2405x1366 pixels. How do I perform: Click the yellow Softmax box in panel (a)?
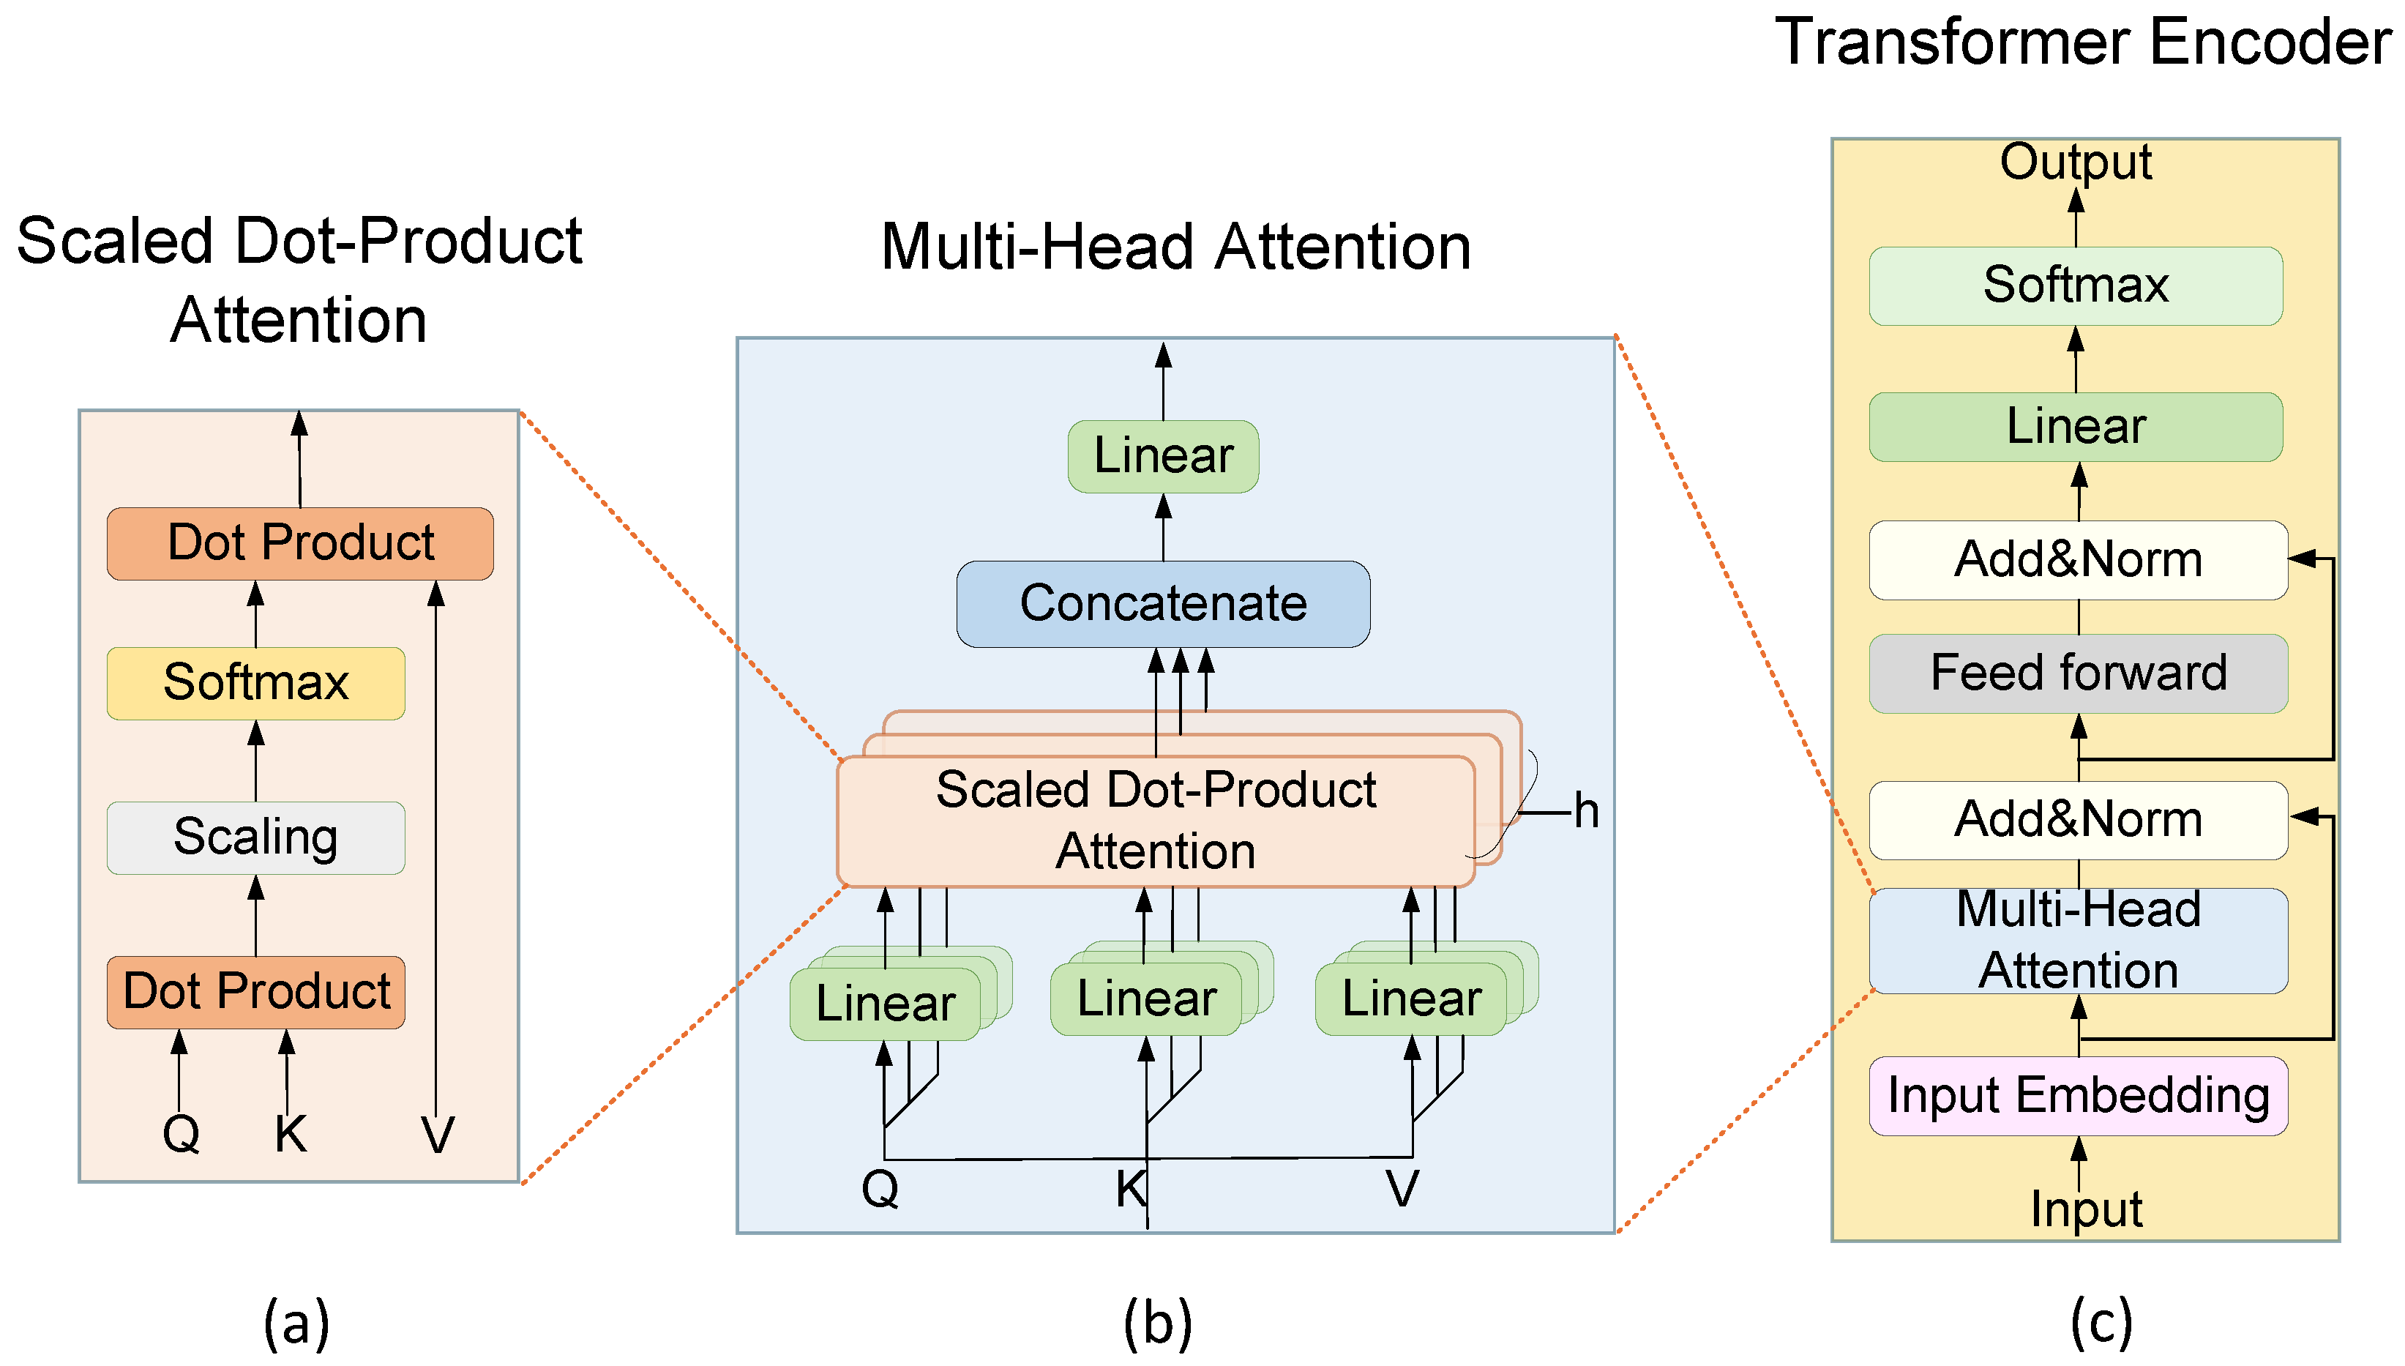pos(255,683)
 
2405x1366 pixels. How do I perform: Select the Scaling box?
pos(255,837)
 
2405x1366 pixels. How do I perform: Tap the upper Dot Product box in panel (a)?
pos(300,543)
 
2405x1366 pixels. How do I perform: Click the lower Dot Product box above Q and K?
pos(255,992)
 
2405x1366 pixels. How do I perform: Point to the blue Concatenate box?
pos(1162,603)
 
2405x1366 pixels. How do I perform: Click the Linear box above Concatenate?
pos(1162,456)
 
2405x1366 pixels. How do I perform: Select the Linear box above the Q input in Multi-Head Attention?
pos(885,1003)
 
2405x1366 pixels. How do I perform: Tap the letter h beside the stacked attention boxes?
pos(1585,810)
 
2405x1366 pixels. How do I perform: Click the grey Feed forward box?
pos(2078,673)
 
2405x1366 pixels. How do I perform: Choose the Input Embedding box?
pos(2078,1095)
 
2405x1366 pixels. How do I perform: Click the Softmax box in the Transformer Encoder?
pos(2075,285)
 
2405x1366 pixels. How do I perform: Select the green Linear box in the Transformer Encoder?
pos(2075,427)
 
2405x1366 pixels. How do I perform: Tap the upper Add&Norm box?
pos(2078,560)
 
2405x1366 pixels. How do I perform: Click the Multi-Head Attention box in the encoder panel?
pos(2078,940)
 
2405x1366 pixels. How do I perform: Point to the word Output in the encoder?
pos(2075,163)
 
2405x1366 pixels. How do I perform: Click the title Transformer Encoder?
pos(2082,42)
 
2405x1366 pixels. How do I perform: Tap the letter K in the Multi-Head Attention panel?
pos(1130,1189)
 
